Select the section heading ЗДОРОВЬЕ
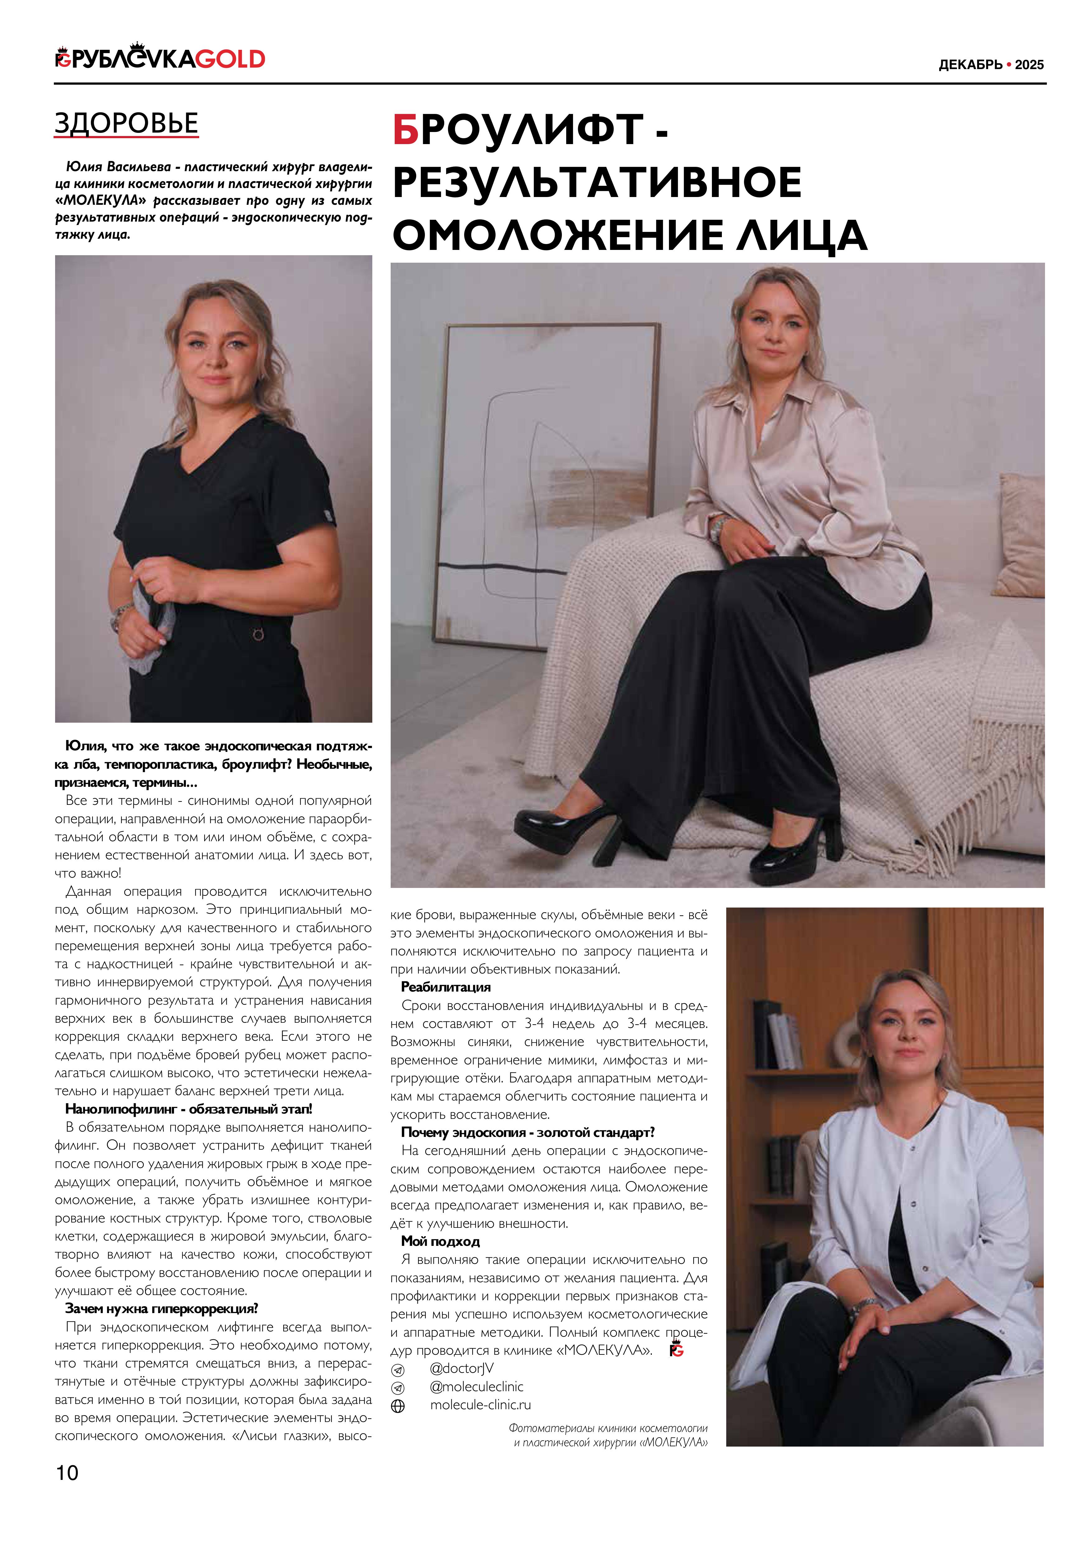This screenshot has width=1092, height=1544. [x=126, y=124]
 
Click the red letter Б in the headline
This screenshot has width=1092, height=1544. [x=406, y=130]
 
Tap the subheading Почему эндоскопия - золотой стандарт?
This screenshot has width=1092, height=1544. [x=528, y=1133]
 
